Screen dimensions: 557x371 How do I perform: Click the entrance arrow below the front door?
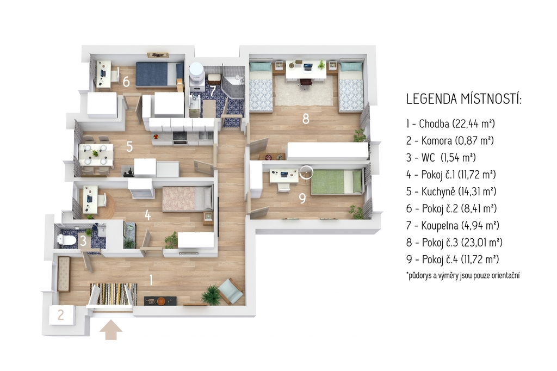111,330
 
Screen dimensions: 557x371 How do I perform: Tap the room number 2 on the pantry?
61,315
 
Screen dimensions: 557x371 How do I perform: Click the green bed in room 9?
337,182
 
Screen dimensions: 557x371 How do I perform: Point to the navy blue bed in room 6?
159,75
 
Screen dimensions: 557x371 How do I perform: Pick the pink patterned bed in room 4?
188,199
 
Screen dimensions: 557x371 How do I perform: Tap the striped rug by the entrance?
113,294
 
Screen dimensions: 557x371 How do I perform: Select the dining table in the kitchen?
96,155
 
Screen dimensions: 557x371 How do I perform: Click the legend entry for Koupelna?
453,225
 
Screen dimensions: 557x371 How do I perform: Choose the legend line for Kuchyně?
451,191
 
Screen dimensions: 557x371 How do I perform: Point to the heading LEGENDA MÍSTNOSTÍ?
464,99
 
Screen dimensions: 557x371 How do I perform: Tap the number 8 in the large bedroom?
306,119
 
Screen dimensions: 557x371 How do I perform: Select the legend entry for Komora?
450,140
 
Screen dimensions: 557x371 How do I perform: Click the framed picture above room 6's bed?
158,55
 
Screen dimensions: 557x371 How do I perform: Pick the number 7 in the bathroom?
213,90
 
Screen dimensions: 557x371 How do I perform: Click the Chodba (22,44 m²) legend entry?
450,123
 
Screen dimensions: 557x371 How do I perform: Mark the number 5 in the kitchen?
129,146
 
